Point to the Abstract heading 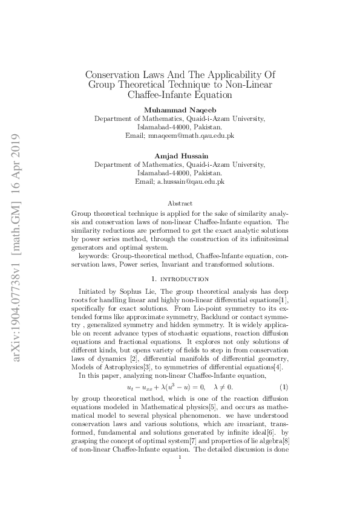point(180,204)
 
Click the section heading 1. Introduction point(180,279)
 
